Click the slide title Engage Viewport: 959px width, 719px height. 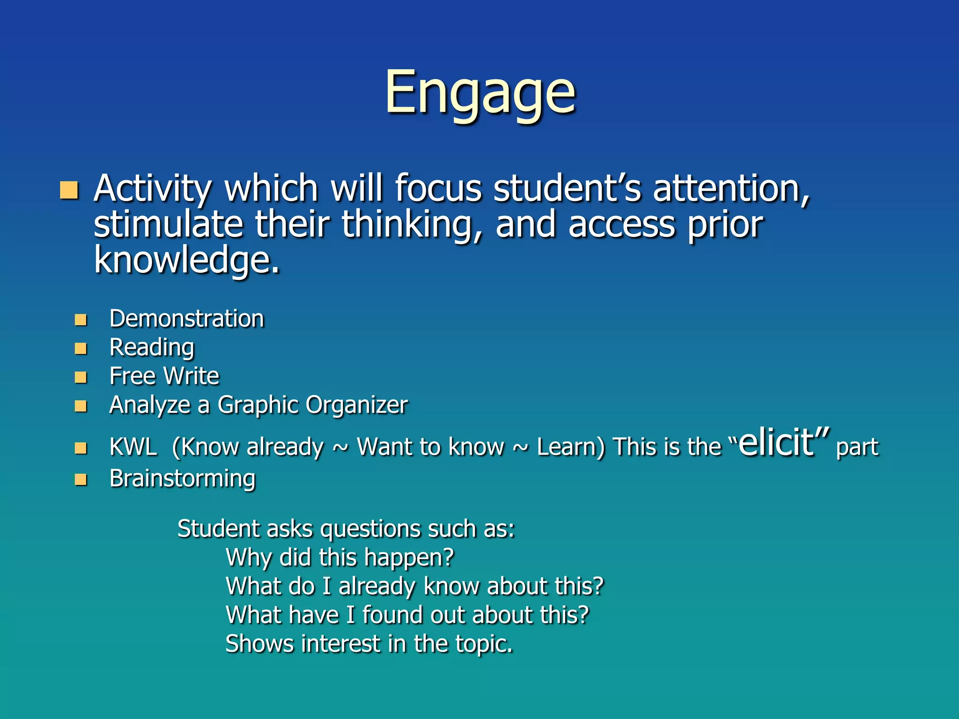(480, 93)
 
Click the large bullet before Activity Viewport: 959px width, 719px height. (69, 190)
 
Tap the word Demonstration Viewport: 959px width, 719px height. (186, 319)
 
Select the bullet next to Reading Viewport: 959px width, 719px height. (81, 348)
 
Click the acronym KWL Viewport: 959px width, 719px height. (133, 447)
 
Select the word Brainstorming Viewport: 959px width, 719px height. (182, 479)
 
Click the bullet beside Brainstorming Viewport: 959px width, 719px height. (81, 480)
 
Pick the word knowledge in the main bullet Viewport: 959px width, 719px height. (186, 260)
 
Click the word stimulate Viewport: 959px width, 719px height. (168, 224)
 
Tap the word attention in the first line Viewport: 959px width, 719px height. (730, 188)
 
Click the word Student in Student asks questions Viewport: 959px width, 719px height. (219, 529)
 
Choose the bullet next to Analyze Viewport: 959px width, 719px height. (81, 406)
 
